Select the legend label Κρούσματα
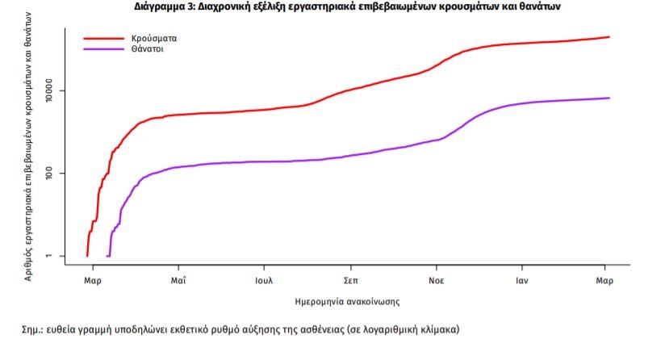pos(156,38)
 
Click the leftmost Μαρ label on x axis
pos(93,281)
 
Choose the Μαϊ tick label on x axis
pos(178,281)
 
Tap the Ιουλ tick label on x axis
pos(264,281)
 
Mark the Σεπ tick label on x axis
pos(350,281)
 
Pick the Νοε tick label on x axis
pos(437,281)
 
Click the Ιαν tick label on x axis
pos(521,281)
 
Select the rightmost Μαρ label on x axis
pos(604,281)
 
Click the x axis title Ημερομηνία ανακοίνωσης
pos(348,301)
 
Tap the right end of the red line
pos(609,37)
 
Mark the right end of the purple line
pos(609,98)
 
